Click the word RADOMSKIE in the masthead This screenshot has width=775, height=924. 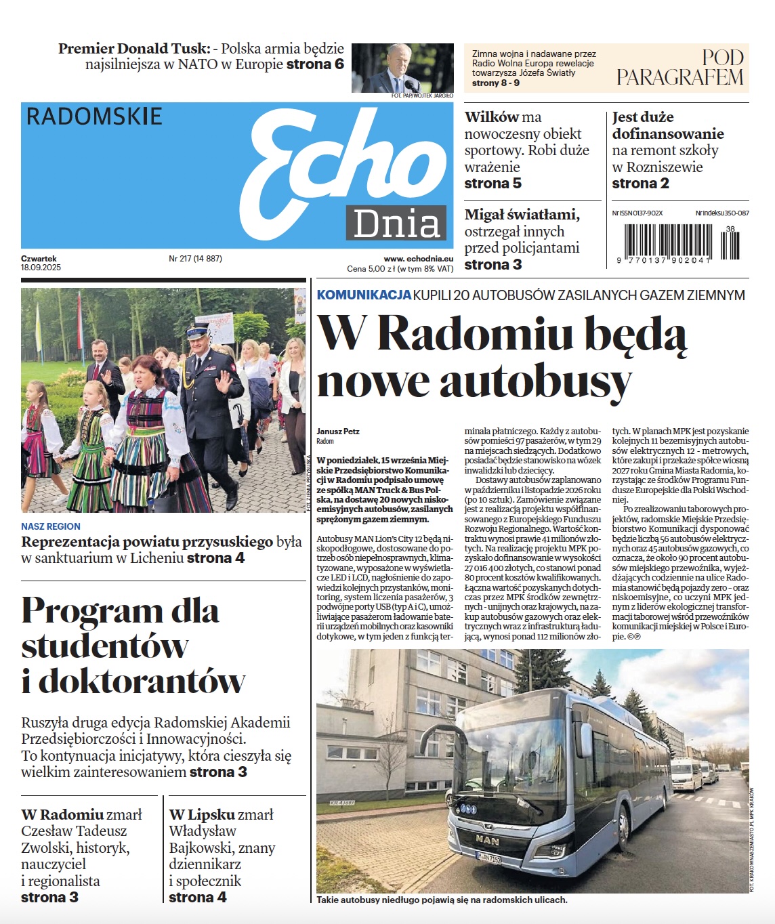(94, 117)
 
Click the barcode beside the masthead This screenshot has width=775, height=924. (681, 242)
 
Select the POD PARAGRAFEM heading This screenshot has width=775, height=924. (680, 68)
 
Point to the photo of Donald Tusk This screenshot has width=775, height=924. (402, 68)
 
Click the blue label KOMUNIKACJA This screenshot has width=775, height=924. (364, 295)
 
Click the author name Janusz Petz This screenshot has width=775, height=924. (338, 432)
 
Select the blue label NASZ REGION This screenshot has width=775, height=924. (51, 526)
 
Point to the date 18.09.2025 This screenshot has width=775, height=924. (41, 268)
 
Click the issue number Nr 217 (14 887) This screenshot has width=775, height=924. (195, 259)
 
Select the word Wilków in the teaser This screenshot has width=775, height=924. (491, 117)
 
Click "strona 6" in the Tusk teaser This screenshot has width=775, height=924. (315, 65)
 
